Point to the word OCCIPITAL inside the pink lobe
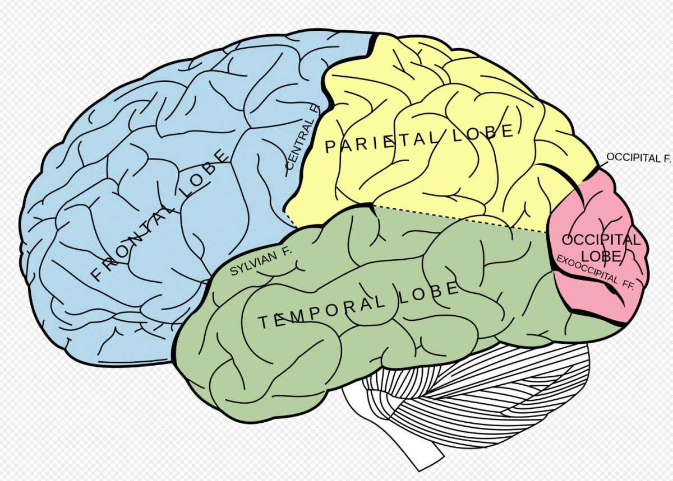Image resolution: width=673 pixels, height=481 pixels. [601, 240]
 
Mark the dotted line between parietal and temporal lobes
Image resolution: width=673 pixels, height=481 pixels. [460, 219]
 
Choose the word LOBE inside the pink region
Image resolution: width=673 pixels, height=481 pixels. [600, 256]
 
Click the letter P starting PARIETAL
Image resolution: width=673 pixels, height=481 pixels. [330, 147]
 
